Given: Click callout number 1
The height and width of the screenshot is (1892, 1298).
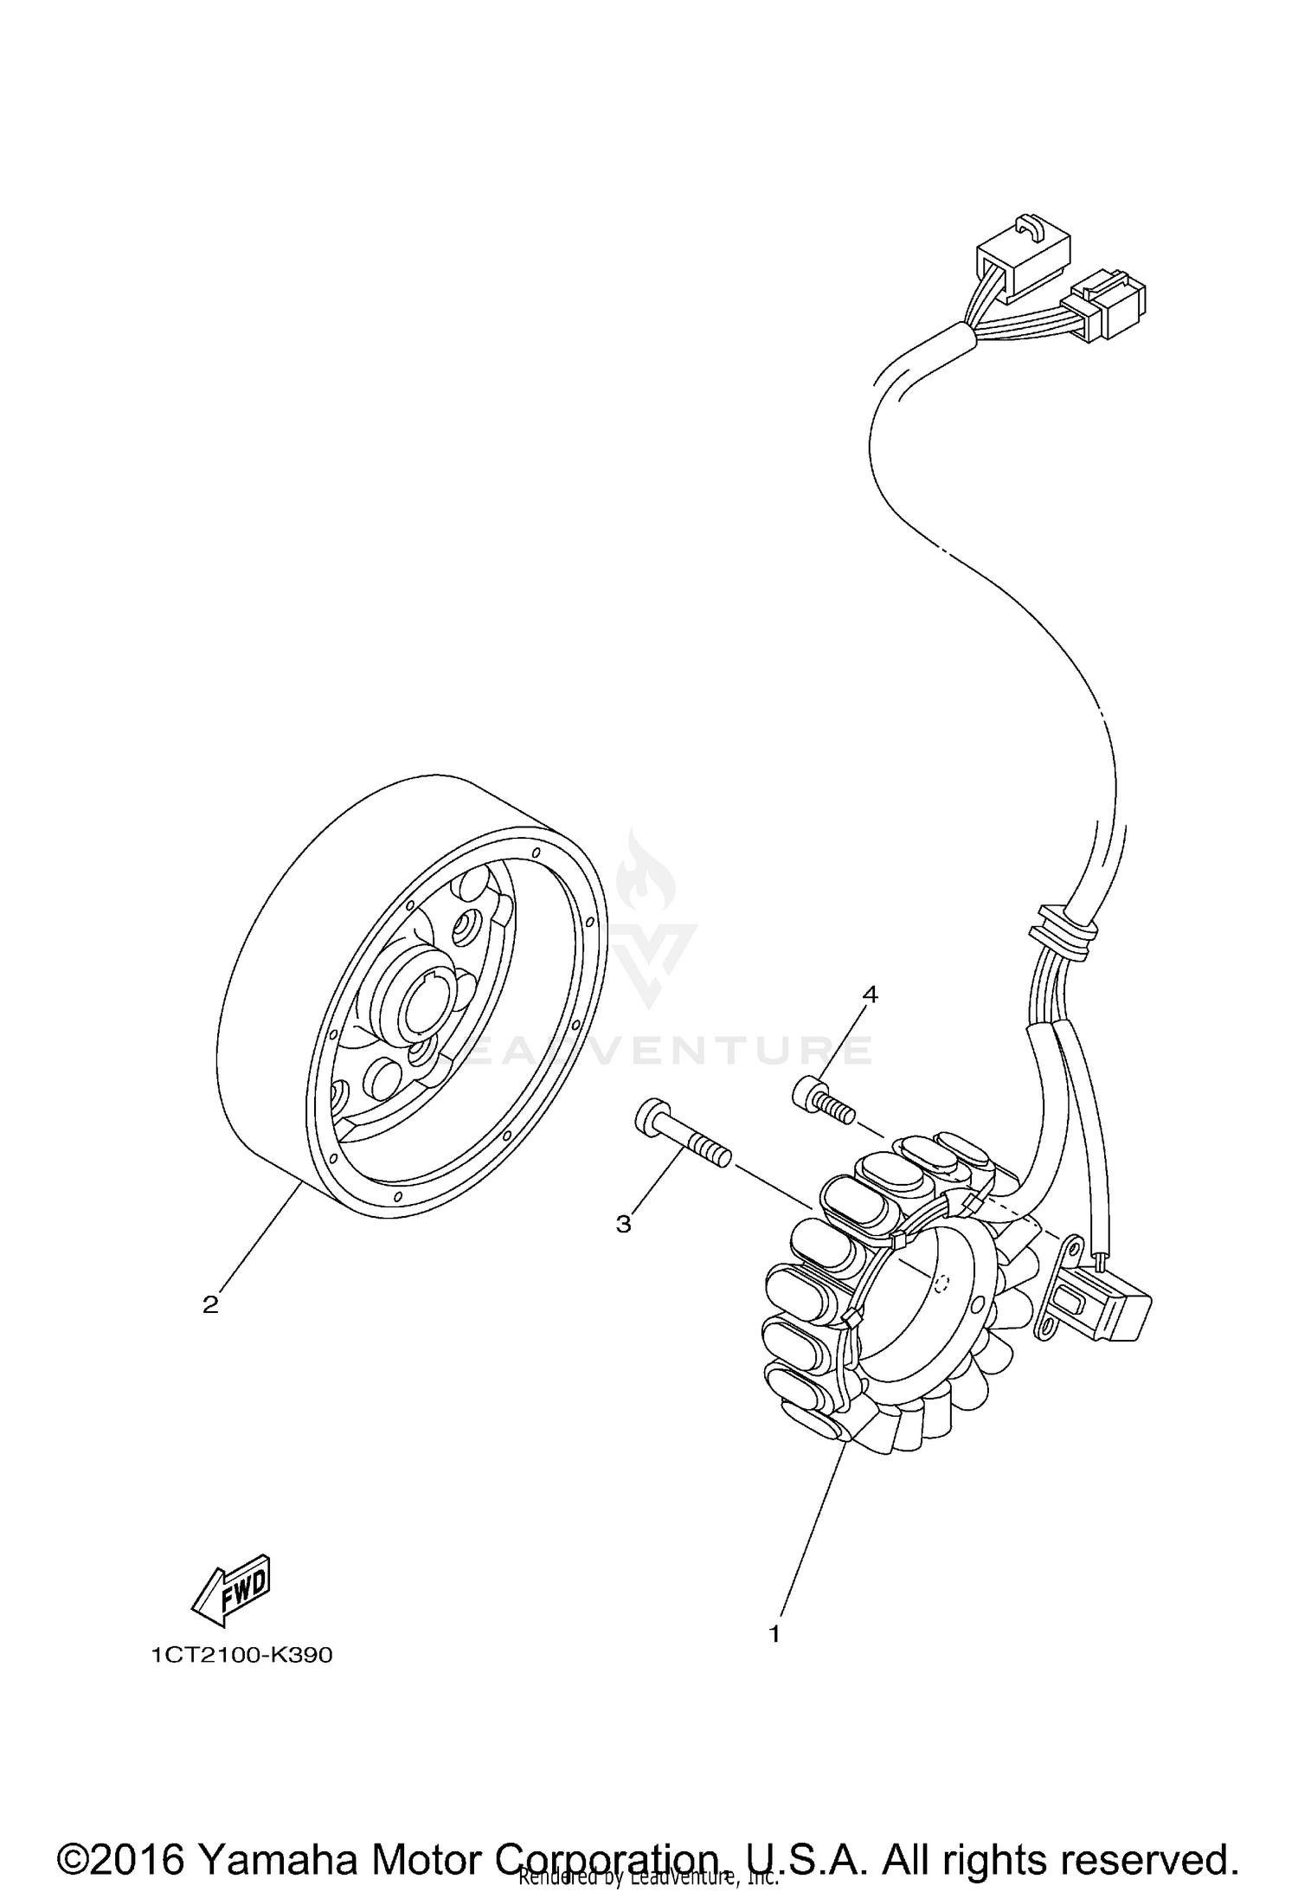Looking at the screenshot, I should [x=774, y=1634].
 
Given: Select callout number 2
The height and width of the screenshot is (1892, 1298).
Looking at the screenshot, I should [x=210, y=1304].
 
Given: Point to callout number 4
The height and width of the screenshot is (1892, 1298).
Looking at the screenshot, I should [x=870, y=995].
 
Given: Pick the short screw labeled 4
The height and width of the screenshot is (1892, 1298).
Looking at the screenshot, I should [x=821, y=1099].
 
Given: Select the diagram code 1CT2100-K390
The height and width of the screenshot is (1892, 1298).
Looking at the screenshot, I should [x=241, y=1656].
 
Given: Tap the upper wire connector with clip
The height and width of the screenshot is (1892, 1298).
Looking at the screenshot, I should [x=1021, y=266].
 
